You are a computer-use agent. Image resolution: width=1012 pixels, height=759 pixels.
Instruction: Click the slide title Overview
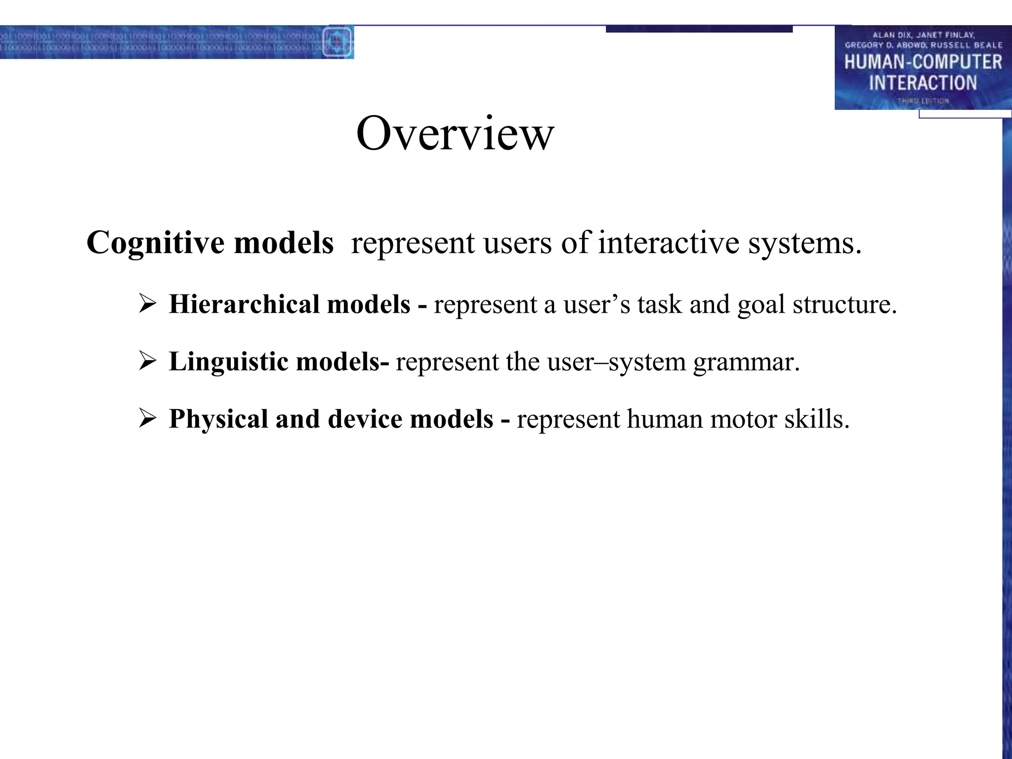click(455, 133)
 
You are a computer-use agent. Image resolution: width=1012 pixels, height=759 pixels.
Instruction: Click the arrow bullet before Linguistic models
click(148, 361)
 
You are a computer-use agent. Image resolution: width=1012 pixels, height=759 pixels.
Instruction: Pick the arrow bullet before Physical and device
click(148, 419)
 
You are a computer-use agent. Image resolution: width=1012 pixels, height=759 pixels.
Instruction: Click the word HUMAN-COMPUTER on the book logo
click(923, 62)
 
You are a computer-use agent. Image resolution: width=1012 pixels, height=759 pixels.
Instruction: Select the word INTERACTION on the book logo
click(923, 83)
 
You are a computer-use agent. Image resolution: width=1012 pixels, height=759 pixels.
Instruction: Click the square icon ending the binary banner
click(337, 42)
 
